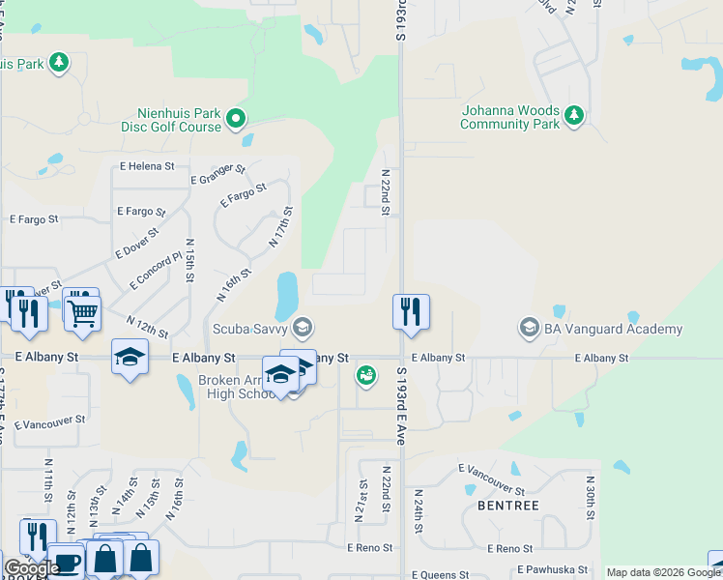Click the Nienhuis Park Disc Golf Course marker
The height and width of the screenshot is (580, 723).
click(236, 120)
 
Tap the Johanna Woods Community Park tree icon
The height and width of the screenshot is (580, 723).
click(574, 116)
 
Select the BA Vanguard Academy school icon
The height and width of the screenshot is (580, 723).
click(529, 329)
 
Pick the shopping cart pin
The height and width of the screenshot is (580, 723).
click(83, 311)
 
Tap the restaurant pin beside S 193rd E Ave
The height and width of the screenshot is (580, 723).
click(411, 312)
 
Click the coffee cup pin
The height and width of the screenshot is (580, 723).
click(67, 562)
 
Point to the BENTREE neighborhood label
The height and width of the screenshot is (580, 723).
click(507, 506)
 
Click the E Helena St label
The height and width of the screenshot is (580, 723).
click(147, 166)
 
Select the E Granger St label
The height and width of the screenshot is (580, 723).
click(218, 174)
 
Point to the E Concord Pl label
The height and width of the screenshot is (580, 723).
click(156, 272)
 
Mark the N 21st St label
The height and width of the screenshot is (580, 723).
click(362, 501)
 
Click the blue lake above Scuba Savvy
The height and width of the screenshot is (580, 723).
click(286, 295)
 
